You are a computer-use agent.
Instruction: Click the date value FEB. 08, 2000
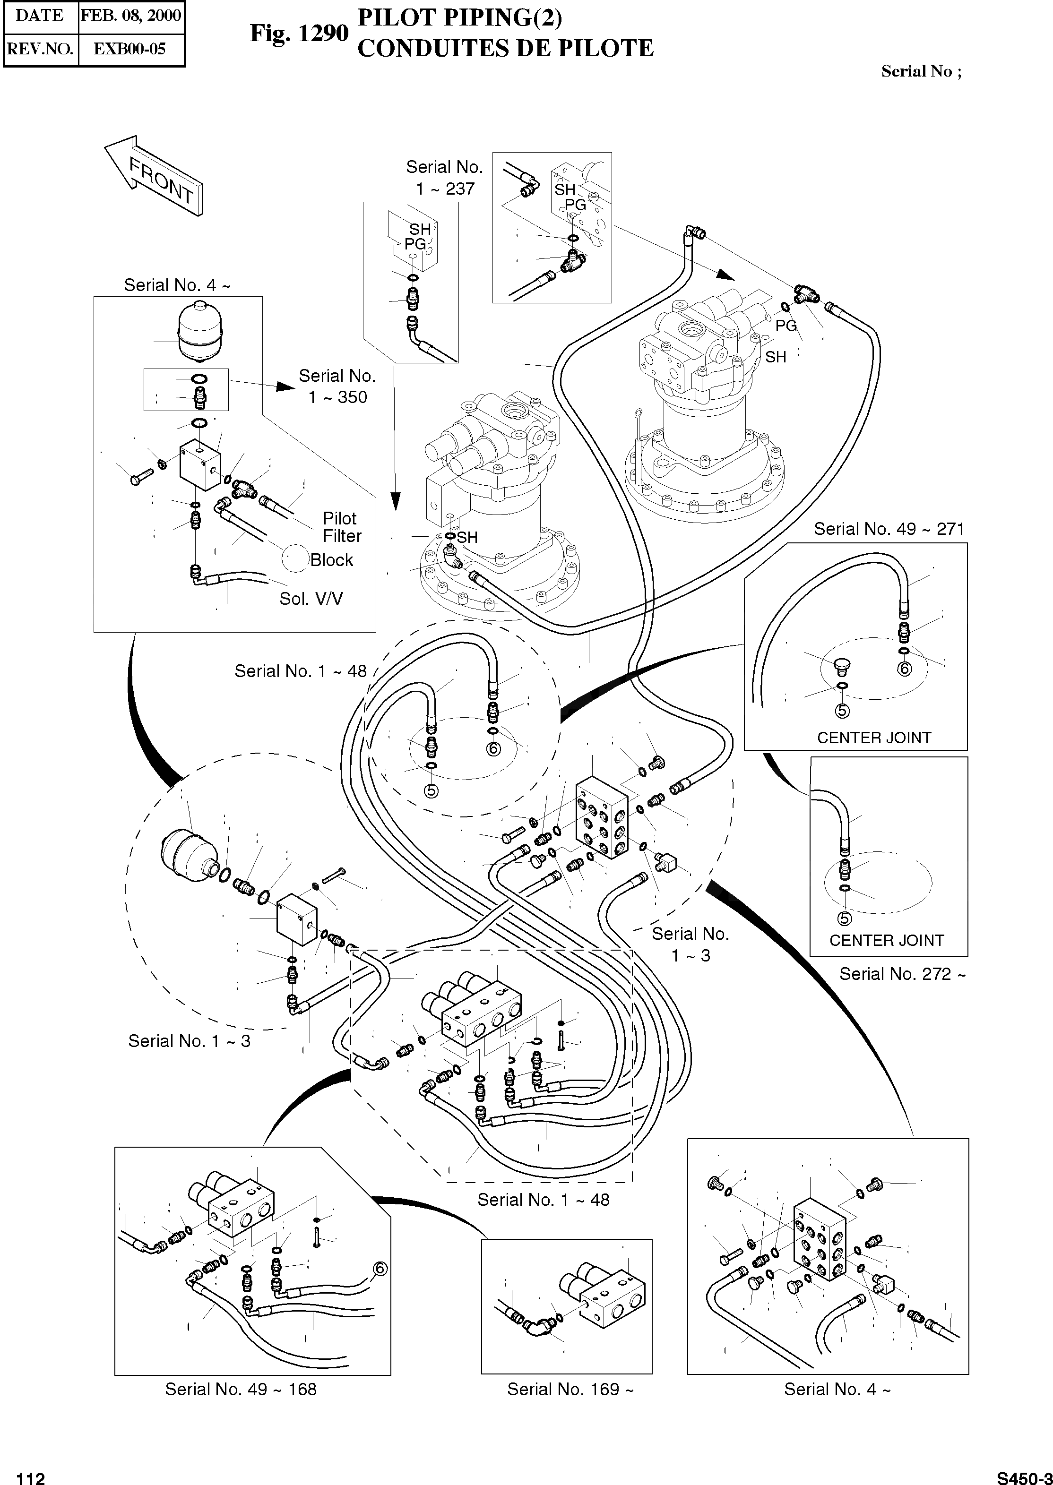pyautogui.click(x=131, y=16)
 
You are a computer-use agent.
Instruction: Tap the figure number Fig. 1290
pyautogui.click(x=299, y=33)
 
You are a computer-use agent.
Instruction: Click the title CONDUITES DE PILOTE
pyautogui.click(x=505, y=49)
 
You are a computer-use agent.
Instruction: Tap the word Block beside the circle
pyautogui.click(x=331, y=560)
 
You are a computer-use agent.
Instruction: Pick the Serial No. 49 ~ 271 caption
pyautogui.click(x=889, y=529)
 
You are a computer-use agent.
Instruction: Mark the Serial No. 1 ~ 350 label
pyautogui.click(x=337, y=386)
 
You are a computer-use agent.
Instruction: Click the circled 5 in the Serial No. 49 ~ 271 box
pyautogui.click(x=842, y=711)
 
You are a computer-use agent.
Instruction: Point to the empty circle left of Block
pyautogui.click(x=295, y=558)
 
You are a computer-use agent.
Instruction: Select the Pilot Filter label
pyautogui.click(x=342, y=527)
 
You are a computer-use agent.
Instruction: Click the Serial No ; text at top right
pyautogui.click(x=921, y=71)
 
